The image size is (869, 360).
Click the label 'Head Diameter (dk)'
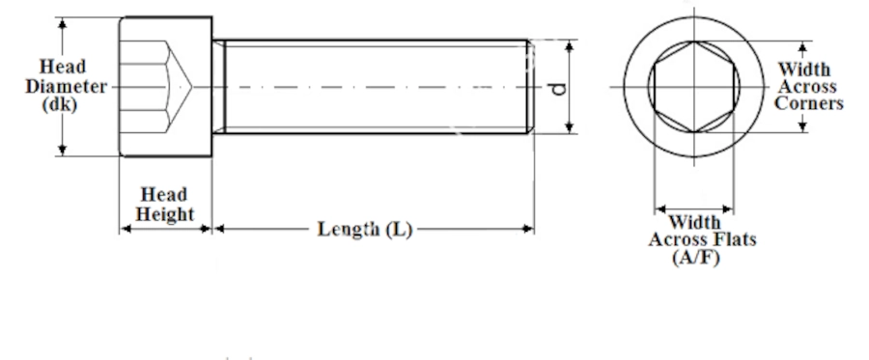pos(66,86)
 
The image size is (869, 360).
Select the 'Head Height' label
pos(164,205)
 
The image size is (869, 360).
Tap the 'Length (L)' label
pos(365,229)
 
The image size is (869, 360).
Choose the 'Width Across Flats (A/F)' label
pos(702,239)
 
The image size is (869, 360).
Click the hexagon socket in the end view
pos(694,87)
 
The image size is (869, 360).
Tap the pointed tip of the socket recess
pos(191,87)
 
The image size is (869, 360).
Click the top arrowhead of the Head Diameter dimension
pos(62,23)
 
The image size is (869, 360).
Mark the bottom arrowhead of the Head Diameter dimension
pos(62,150)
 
